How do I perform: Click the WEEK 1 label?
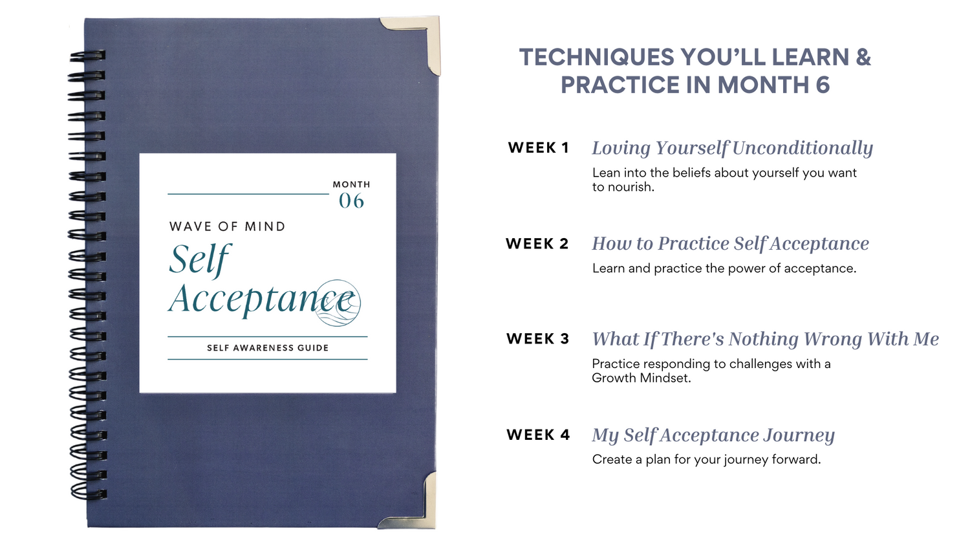point(538,147)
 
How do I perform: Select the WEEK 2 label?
point(537,243)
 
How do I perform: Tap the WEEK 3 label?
point(538,338)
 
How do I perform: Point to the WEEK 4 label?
point(538,435)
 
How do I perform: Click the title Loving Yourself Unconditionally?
point(732,148)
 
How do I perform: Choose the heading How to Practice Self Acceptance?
point(731,243)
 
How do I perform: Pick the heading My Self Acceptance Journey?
point(713,435)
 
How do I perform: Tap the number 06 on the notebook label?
point(351,201)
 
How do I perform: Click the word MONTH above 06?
point(351,184)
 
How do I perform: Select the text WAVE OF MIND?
point(228,226)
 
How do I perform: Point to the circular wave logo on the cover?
point(338,303)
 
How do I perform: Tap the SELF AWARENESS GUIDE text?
point(268,347)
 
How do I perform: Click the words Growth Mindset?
point(641,378)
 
